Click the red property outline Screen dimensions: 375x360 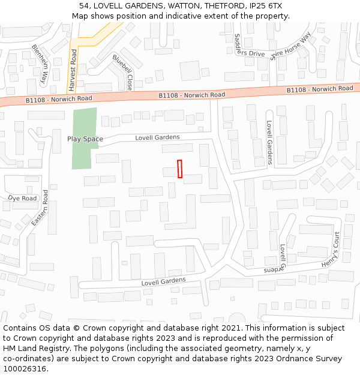tap(180, 169)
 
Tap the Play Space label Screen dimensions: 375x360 tap(85, 139)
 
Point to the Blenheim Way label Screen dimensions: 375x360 tap(40, 64)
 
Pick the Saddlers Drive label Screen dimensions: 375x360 tap(249, 45)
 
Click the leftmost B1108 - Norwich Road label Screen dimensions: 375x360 tap(59, 98)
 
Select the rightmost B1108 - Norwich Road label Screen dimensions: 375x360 tap(320, 89)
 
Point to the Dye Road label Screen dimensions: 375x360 tap(22, 198)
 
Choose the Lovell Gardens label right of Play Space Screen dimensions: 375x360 tap(157, 137)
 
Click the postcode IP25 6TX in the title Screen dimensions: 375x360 tap(266, 6)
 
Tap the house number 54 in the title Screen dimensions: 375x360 tap(84, 6)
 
